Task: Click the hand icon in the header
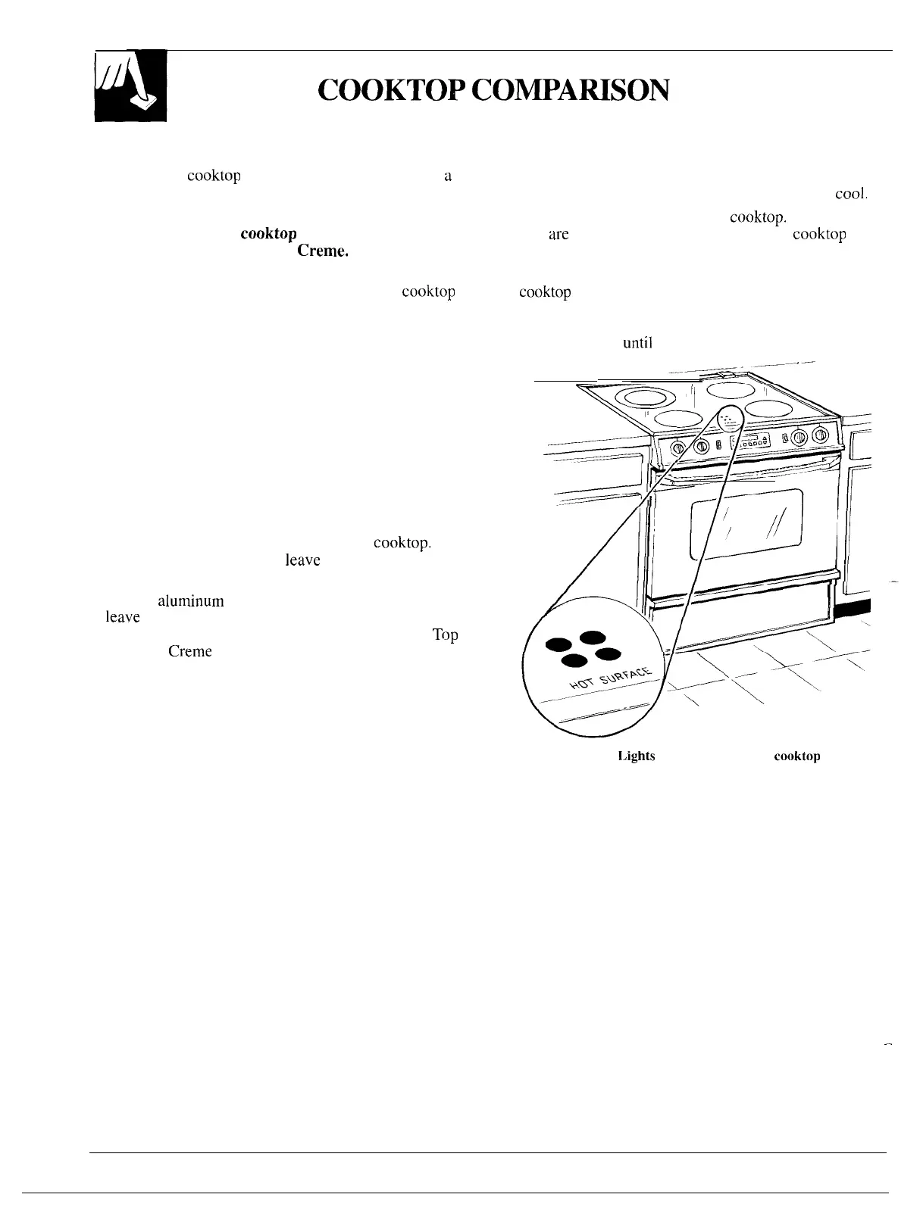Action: coord(130,86)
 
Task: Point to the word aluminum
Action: coord(190,602)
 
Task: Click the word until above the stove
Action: coord(637,342)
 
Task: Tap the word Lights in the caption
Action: coord(637,756)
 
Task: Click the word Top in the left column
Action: coord(446,635)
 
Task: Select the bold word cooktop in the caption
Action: coord(796,756)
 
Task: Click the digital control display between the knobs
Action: coord(749,441)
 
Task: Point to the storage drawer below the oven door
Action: coord(739,612)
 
